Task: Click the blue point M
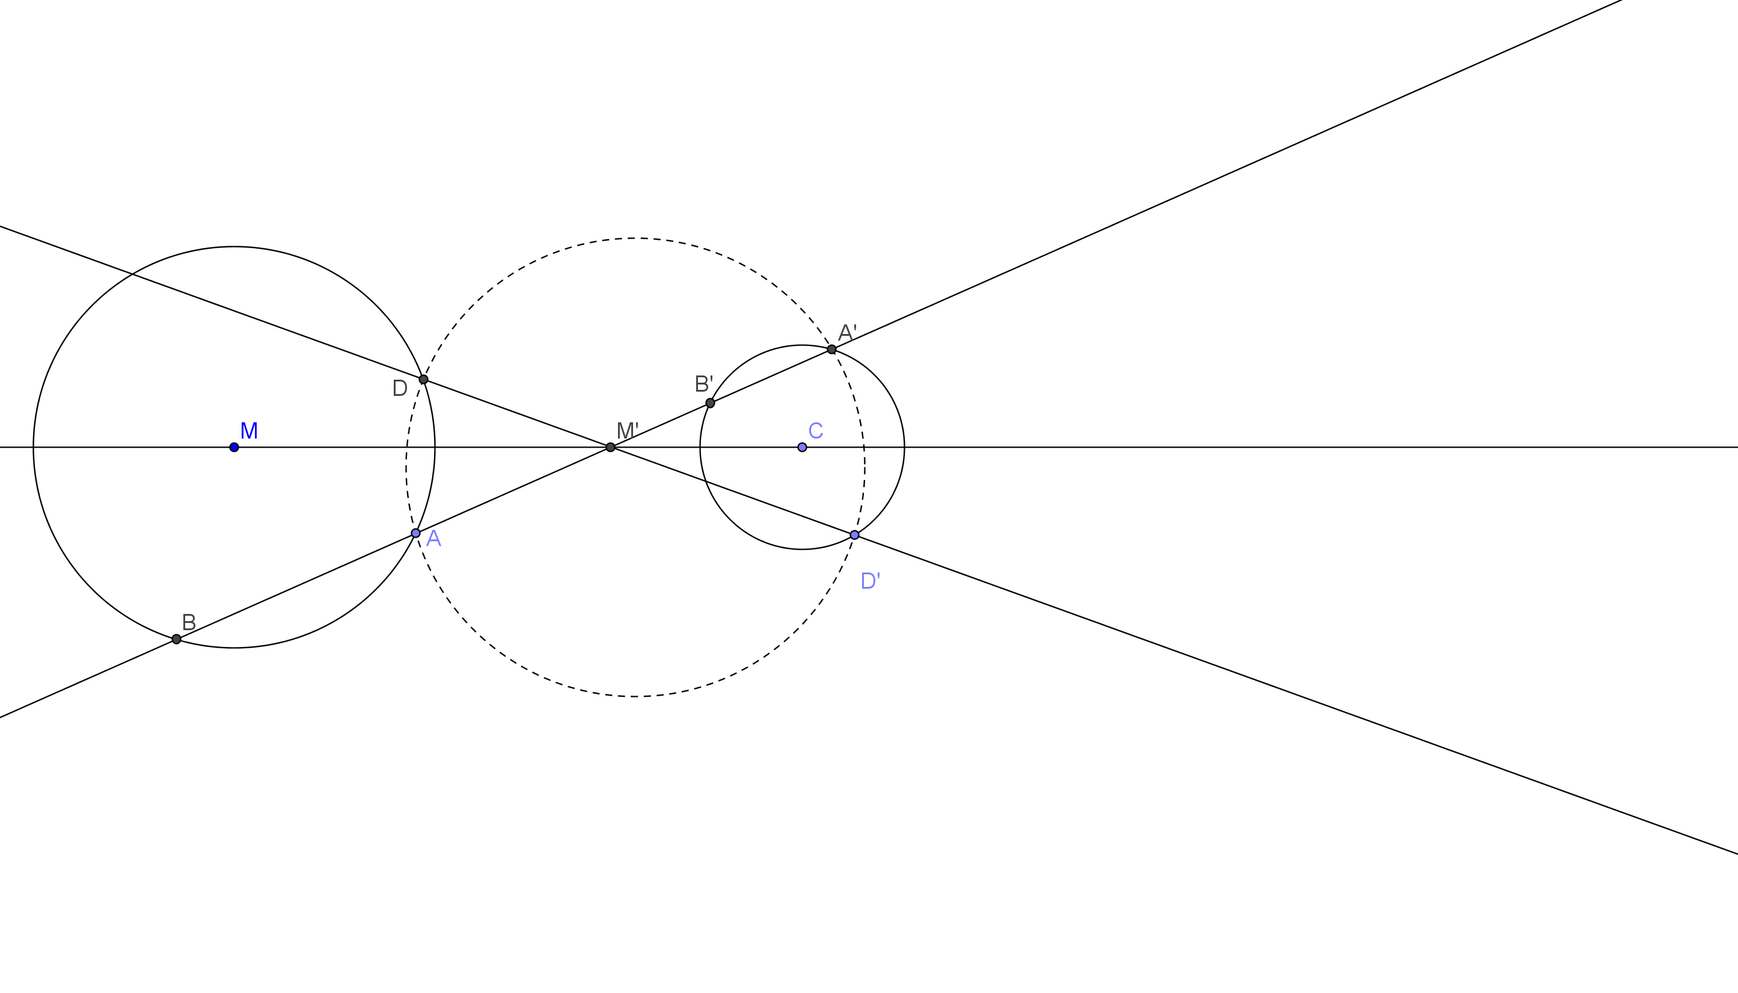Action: point(234,448)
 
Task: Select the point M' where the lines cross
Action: point(611,448)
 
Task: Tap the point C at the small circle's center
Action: point(803,448)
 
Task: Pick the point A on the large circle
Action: point(415,533)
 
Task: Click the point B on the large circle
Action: point(177,639)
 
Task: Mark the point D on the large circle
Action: point(424,379)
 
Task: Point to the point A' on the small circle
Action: point(832,350)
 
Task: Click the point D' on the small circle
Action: point(854,535)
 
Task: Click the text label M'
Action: point(627,430)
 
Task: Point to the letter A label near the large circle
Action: point(434,539)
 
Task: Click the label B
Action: point(189,622)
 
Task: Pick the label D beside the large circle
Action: point(400,388)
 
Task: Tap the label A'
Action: point(848,332)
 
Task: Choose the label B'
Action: point(704,384)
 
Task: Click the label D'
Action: point(871,580)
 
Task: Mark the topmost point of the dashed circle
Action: point(635,238)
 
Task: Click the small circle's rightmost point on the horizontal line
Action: point(905,448)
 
